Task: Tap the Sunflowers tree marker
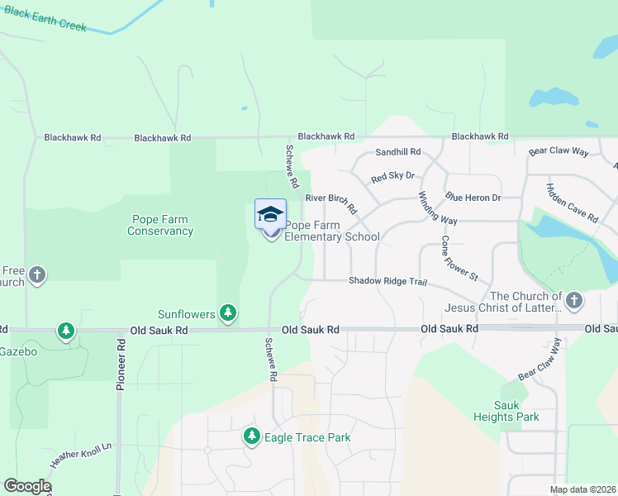pos(228,313)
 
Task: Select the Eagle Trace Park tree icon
pos(252,436)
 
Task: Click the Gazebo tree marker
pos(65,331)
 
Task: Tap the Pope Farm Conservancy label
pos(160,225)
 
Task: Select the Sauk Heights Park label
pos(516,411)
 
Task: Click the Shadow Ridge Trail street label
pos(387,281)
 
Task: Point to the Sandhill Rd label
pos(397,152)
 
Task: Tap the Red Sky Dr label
pos(392,177)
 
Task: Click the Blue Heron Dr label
pos(473,198)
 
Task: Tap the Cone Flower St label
pos(459,258)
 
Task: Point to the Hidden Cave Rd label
pos(572,203)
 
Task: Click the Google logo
pos(27,486)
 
